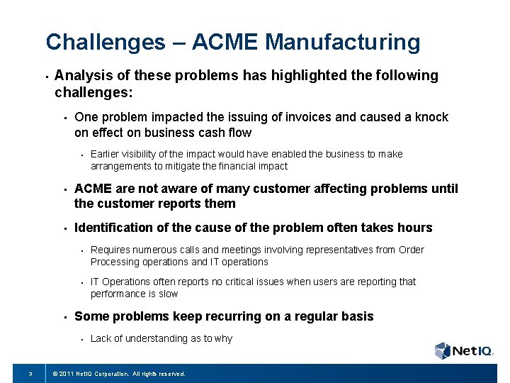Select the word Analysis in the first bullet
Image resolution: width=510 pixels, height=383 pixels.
[81, 76]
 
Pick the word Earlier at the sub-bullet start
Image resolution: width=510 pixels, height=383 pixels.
[106, 154]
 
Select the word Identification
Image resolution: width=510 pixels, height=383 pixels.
[113, 228]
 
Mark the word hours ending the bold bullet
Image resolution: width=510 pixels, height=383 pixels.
[414, 228]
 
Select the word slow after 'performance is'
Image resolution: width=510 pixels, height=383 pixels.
[169, 294]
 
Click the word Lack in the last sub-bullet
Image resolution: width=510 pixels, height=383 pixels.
[101, 338]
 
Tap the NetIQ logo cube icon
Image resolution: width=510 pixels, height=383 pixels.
[443, 350]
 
